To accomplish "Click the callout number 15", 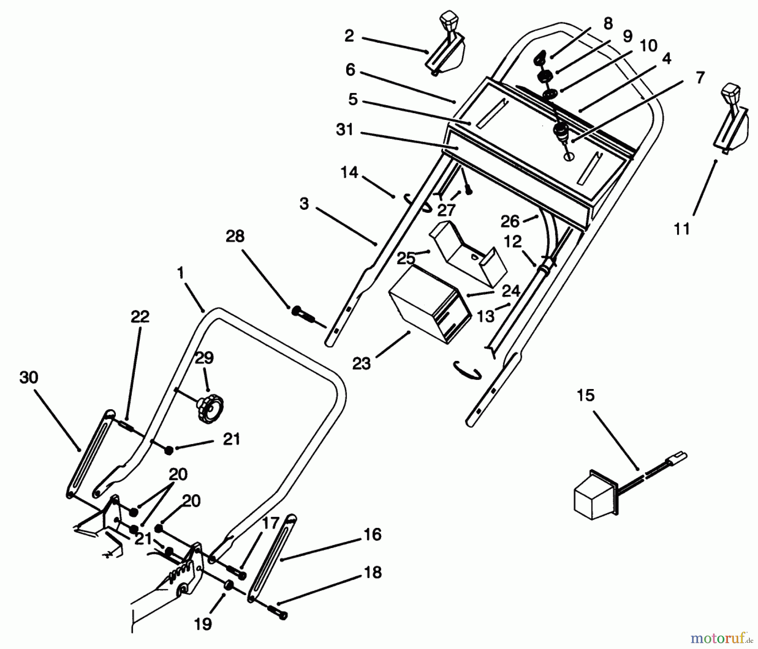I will coord(586,395).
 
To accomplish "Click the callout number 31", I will coord(345,130).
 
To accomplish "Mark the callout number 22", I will coord(140,316).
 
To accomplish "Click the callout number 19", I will coord(203,624).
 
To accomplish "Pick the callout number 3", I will coord(304,204).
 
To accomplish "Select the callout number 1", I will coord(181,273).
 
